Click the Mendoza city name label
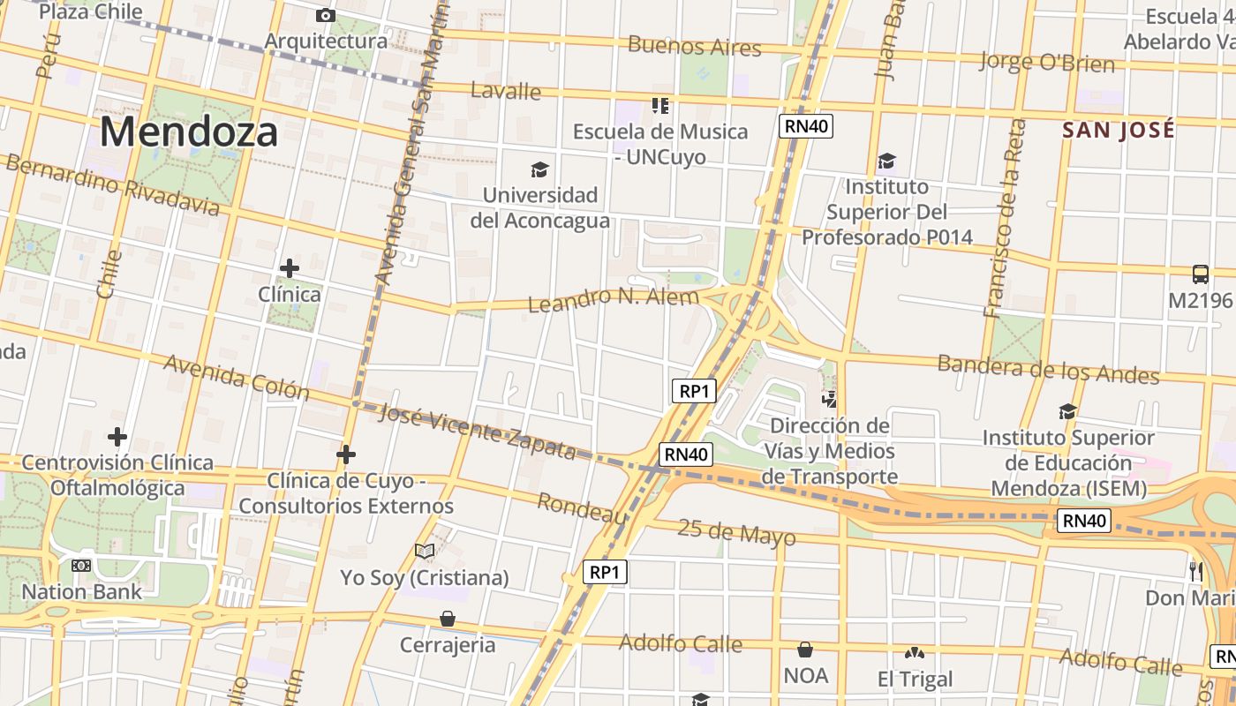[x=188, y=132]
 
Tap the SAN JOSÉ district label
[x=1118, y=130]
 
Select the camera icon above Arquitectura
[x=325, y=15]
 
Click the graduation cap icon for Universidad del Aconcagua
[x=539, y=169]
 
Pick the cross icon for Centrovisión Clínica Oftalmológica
[x=117, y=437]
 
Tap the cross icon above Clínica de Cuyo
[x=346, y=454]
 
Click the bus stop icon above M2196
[x=1200, y=274]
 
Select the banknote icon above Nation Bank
[x=81, y=566]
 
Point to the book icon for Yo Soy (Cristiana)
[x=425, y=552]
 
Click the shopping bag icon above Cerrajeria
[x=448, y=619]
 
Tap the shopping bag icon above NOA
[x=805, y=650]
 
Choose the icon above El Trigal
[x=914, y=654]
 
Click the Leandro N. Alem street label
[x=613, y=299]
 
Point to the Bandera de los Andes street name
[x=1048, y=369]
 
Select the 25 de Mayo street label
[x=736, y=532]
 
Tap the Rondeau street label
[x=582, y=507]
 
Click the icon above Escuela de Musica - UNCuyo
[x=659, y=106]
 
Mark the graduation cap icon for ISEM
[x=1067, y=411]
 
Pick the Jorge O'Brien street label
[x=1047, y=62]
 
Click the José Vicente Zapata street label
[x=477, y=430]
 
